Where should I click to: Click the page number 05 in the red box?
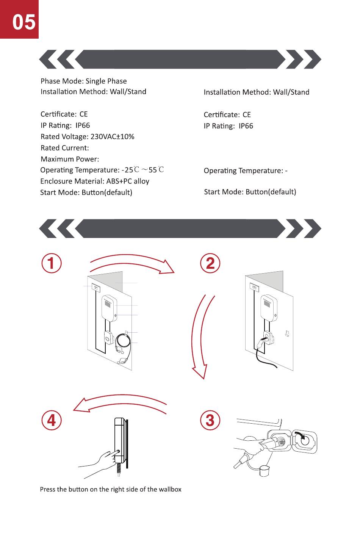tap(23, 22)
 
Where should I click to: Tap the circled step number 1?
tap(51, 263)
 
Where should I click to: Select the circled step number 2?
tap(210, 263)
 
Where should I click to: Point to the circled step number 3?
tap(210, 420)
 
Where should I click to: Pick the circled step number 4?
tap(51, 420)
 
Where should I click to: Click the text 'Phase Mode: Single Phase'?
tap(83, 81)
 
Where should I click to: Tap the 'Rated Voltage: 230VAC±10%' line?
tap(87, 136)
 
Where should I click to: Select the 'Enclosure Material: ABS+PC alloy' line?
tap(95, 181)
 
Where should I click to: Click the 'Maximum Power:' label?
tap(70, 159)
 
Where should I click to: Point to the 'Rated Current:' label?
tap(65, 148)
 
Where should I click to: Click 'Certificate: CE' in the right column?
tap(227, 114)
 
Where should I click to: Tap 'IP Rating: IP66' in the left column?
tap(65, 125)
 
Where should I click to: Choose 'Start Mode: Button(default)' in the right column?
tap(250, 192)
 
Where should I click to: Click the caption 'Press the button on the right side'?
tap(111, 489)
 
